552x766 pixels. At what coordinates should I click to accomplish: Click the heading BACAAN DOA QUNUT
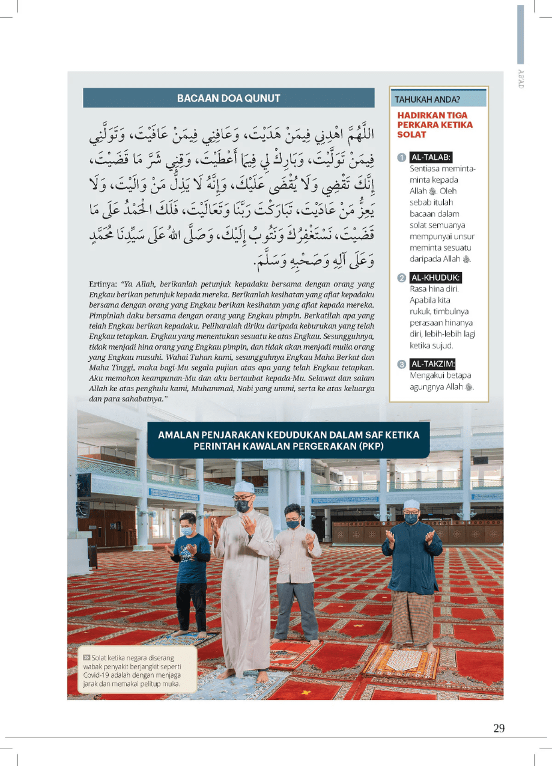pos(228,99)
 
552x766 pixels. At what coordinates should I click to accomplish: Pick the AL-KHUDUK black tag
pos(435,278)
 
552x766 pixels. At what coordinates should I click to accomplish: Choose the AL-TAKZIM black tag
pos(433,364)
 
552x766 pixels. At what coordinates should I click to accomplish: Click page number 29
pos(499,728)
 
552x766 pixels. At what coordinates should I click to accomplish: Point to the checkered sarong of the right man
pos(413,616)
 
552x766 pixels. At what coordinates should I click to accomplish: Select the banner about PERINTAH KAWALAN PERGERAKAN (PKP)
pos(288,440)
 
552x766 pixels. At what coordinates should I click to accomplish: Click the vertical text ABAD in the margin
pos(520,78)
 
